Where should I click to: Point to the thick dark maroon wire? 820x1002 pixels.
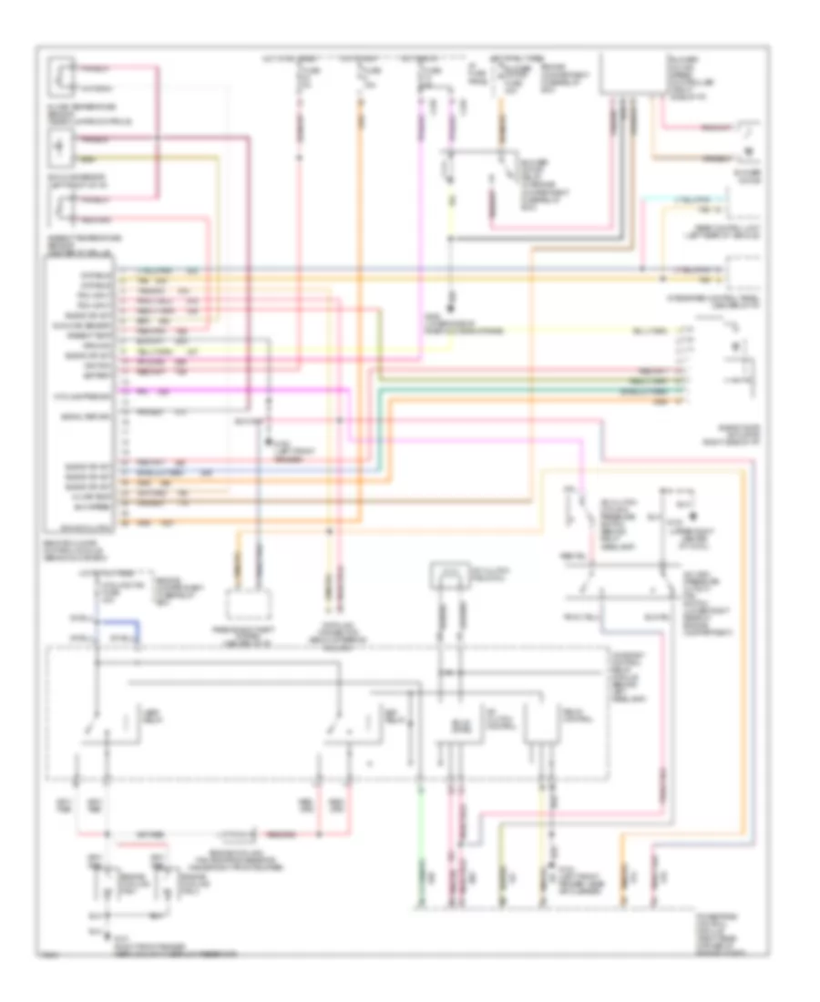click(x=246, y=273)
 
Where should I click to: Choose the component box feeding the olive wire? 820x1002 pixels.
click(x=63, y=147)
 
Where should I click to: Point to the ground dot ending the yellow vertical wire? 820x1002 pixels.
click(x=450, y=299)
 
